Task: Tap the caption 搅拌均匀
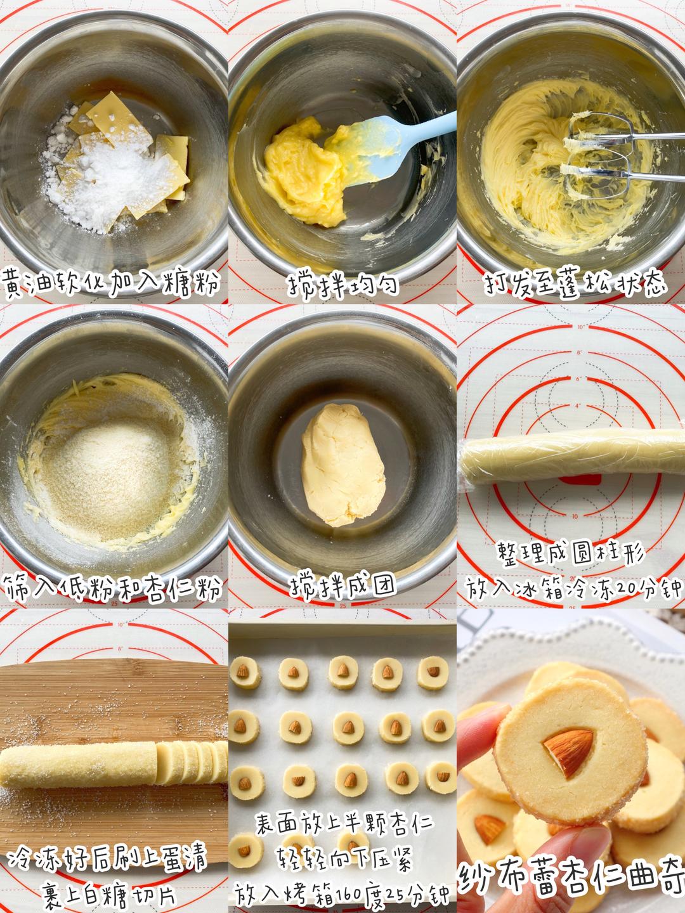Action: pos(343,285)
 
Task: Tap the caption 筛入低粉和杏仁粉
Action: pos(112,588)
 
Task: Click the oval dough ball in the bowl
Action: pos(342,465)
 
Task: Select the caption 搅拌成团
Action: pos(343,586)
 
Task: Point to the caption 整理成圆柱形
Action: pos(571,555)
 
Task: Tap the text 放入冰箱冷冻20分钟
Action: pos(573,588)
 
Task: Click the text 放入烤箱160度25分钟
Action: pos(342,893)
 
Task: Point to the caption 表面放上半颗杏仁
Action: pos(344,824)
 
